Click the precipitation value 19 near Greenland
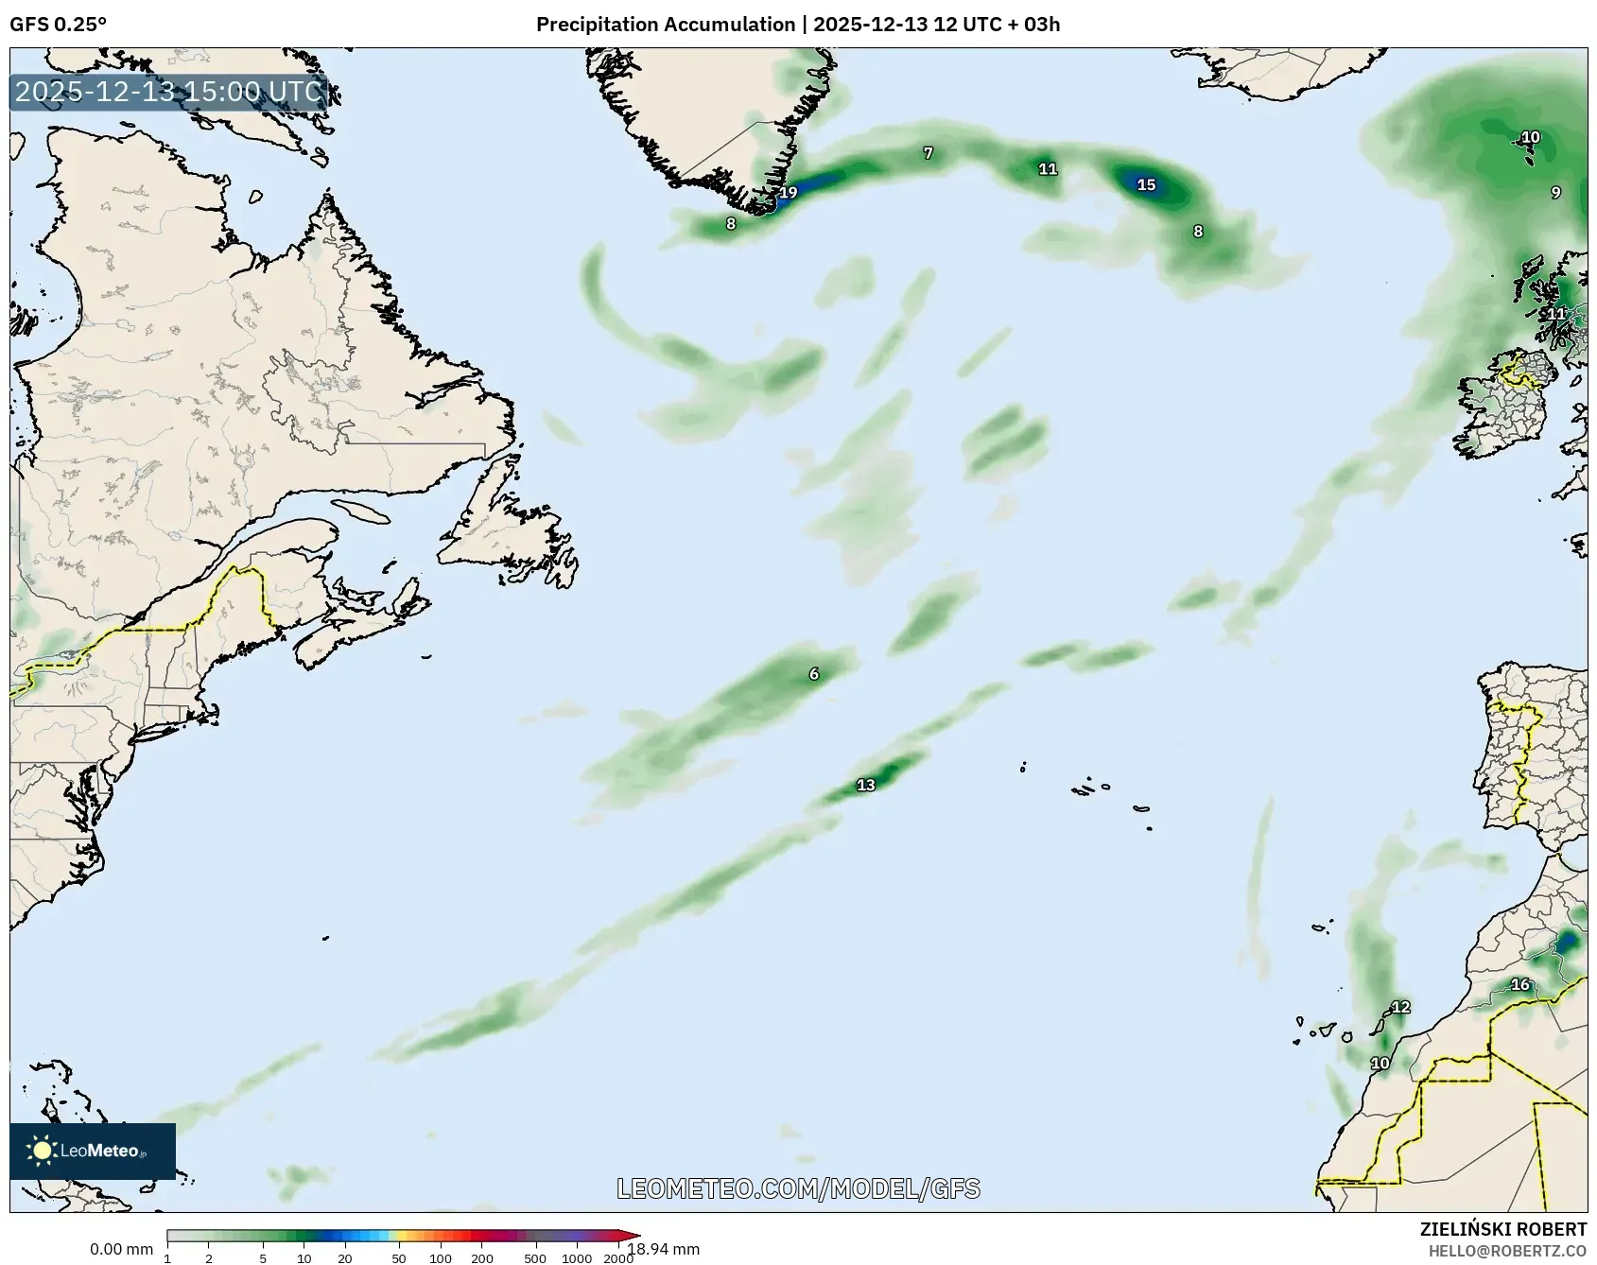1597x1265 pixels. pyautogui.click(x=788, y=193)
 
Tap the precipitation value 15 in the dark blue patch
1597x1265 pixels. pyautogui.click(x=1146, y=184)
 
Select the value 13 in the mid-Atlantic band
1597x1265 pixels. pyautogui.click(x=865, y=785)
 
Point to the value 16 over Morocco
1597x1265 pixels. pyautogui.click(x=1519, y=984)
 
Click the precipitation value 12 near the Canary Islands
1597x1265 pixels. pyautogui.click(x=1400, y=1007)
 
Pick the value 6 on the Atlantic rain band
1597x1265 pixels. pyautogui.click(x=814, y=674)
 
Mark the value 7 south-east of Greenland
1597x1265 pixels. pyautogui.click(x=929, y=153)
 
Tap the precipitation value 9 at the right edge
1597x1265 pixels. pyautogui.click(x=1555, y=193)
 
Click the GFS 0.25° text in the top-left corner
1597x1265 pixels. pyautogui.click(x=58, y=25)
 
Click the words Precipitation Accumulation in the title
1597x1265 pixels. pyautogui.click(x=666, y=25)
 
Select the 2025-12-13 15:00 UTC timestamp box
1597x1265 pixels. pyautogui.click(x=169, y=92)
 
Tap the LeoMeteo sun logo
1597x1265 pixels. pyautogui.click(x=43, y=1151)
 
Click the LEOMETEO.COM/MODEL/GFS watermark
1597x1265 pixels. pyautogui.click(x=798, y=1188)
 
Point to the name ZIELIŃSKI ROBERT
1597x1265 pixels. pyautogui.click(x=1502, y=1229)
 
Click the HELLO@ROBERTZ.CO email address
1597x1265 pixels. pyautogui.click(x=1507, y=1251)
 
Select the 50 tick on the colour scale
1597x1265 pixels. pyautogui.click(x=399, y=1258)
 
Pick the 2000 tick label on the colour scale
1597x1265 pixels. pyautogui.click(x=618, y=1258)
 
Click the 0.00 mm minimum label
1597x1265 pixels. pyautogui.click(x=121, y=1250)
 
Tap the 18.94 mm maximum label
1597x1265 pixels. pyautogui.click(x=665, y=1249)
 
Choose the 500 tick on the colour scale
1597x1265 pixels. pyautogui.click(x=535, y=1258)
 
